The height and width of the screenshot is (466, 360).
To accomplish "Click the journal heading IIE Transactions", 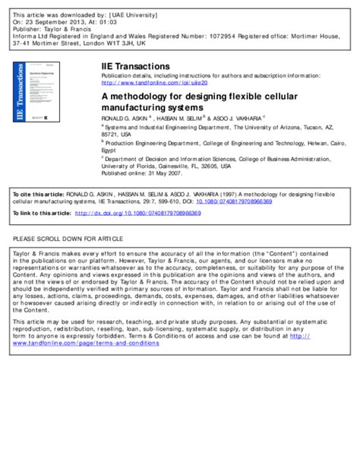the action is (x=135, y=67).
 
